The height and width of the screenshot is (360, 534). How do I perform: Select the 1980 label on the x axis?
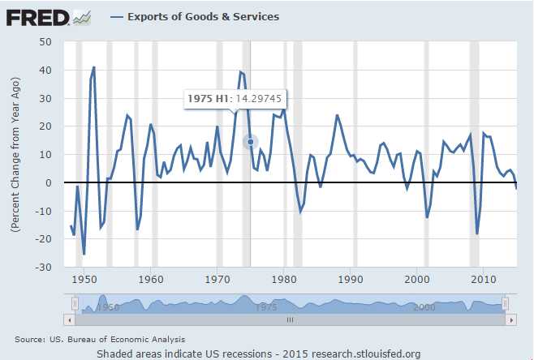click(284, 280)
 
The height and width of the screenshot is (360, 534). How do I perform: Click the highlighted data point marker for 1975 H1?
click(251, 142)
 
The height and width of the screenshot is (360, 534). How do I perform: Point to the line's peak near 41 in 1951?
click(94, 67)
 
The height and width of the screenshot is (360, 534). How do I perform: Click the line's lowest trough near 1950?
click(84, 255)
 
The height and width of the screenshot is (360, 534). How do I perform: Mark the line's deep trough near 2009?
click(477, 234)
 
